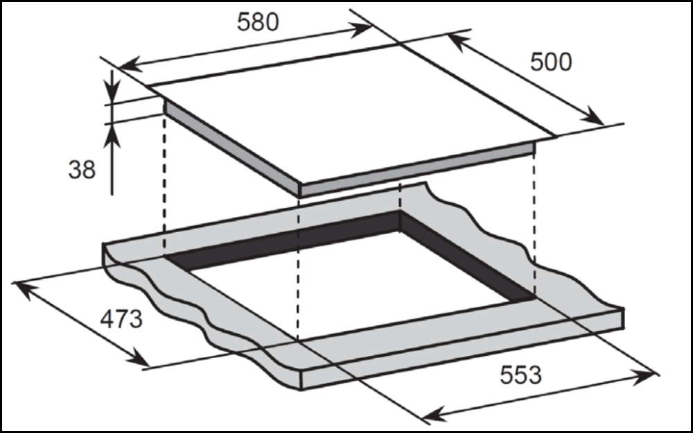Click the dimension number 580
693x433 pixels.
(258, 22)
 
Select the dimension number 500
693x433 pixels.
(551, 62)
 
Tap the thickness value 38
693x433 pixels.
(82, 170)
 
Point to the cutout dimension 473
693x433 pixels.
(121, 319)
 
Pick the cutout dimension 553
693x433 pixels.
(520, 375)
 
